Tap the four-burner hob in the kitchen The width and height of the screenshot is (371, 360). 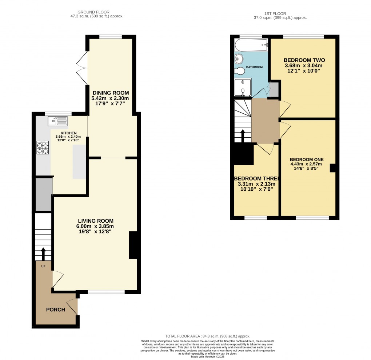(43, 147)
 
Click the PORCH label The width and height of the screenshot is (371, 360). (55, 310)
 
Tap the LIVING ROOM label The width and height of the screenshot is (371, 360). (95, 221)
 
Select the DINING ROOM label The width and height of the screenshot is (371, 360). (110, 93)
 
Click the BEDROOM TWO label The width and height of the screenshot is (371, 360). (304, 60)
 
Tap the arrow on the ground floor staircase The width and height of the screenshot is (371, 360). (43, 253)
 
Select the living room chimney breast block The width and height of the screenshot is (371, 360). (133, 245)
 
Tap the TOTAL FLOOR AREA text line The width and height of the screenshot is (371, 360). (207, 336)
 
